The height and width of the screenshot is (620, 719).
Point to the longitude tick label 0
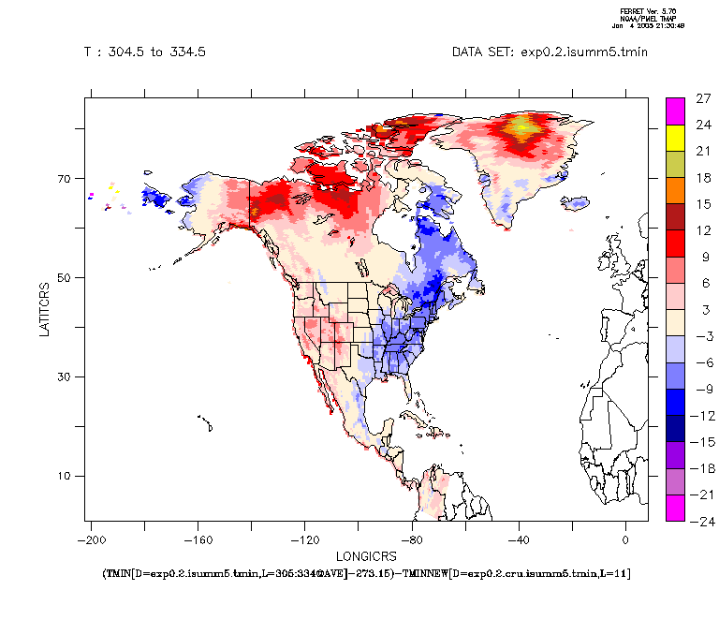pyautogui.click(x=625, y=539)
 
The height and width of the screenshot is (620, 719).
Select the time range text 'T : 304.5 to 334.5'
pyautogui.click(x=145, y=52)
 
